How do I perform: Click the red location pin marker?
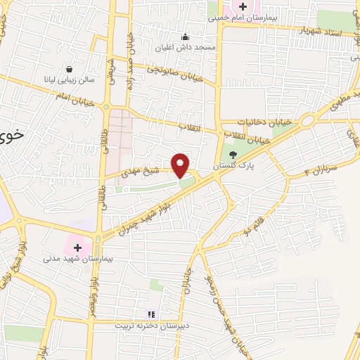click(x=181, y=165)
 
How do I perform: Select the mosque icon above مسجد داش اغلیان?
click(x=185, y=37)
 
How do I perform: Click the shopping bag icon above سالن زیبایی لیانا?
click(x=70, y=69)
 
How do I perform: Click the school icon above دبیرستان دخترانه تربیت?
click(x=149, y=314)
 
